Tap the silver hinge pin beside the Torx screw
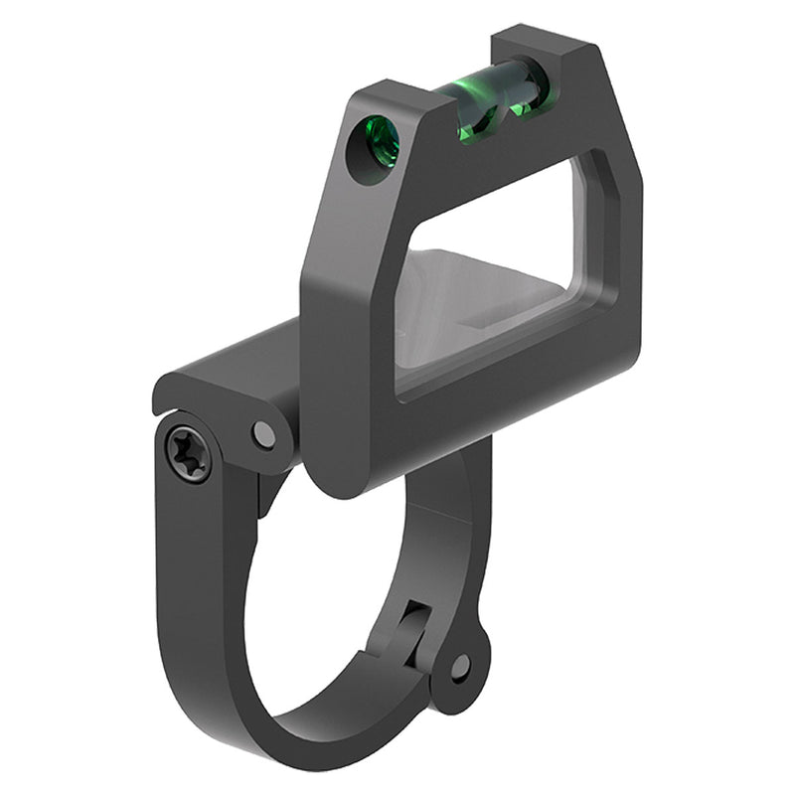tap(264, 433)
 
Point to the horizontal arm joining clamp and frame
tap(238, 368)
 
